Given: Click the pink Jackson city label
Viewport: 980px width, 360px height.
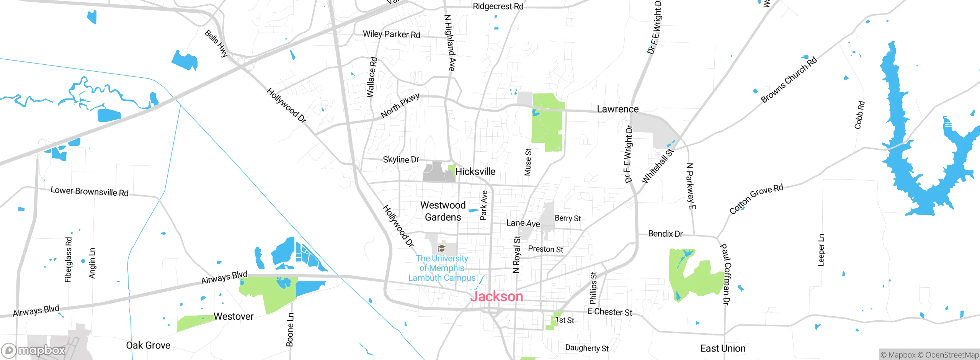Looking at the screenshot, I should point(497,296).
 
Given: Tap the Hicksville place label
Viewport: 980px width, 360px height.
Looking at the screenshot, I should point(475,172).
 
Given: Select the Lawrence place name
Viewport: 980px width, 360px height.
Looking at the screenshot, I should point(617,109).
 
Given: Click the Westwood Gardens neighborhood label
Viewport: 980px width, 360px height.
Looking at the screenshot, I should point(443,211).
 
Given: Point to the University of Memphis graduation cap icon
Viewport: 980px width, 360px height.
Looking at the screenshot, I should point(441,248).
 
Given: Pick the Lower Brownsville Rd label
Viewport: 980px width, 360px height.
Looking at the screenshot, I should point(90,191).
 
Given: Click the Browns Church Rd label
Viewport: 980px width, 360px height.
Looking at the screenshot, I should point(789,80).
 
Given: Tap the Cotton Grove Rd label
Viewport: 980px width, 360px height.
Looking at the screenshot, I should point(756,199).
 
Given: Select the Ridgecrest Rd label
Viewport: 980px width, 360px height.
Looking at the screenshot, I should point(498,7).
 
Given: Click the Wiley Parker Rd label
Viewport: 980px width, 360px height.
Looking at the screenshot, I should point(391,34).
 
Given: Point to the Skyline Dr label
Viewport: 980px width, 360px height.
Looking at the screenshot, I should point(401,159).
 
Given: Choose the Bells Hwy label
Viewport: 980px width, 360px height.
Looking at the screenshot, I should point(216,43).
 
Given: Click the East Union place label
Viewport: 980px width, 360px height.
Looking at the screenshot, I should point(723,349).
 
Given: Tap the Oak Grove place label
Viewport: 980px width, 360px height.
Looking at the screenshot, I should point(148,345).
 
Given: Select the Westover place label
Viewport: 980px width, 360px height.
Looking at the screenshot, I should point(234,316).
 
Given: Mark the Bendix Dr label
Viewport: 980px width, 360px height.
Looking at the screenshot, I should point(665,234).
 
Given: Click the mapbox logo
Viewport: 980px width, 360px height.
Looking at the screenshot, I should point(33,350).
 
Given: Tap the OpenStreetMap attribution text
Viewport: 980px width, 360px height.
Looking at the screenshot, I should point(952,355).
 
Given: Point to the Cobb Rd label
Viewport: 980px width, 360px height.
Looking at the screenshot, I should point(859,115).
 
